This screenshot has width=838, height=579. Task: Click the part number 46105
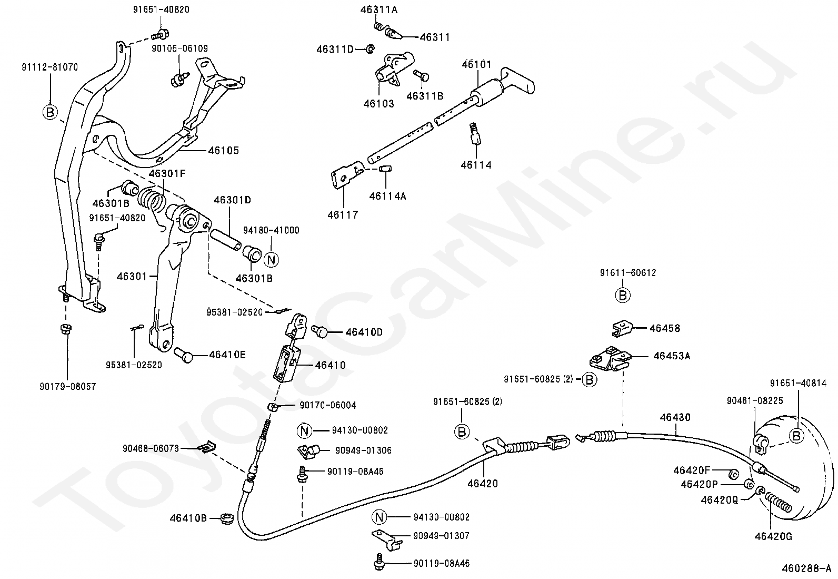coord(223,151)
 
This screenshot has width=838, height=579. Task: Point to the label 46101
coord(476,64)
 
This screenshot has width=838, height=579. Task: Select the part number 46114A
coord(387,196)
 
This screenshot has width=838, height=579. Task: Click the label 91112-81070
coord(50,67)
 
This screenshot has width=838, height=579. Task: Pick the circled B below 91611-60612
coord(623,296)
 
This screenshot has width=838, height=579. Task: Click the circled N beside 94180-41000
coord(271,260)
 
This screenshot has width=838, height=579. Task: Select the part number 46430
coord(675,417)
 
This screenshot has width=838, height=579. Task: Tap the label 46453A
coord(672,356)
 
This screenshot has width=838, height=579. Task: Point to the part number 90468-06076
coord(151,448)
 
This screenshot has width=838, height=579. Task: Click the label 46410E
coord(227,355)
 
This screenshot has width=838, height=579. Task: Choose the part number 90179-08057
coord(68,387)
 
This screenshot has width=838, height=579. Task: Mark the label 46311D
coord(335,50)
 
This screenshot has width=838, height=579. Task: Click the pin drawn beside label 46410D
coord(320,331)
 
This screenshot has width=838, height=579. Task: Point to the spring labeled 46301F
coord(152,199)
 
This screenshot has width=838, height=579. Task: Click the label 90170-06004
coord(328,405)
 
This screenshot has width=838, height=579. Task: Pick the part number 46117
coord(343,215)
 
